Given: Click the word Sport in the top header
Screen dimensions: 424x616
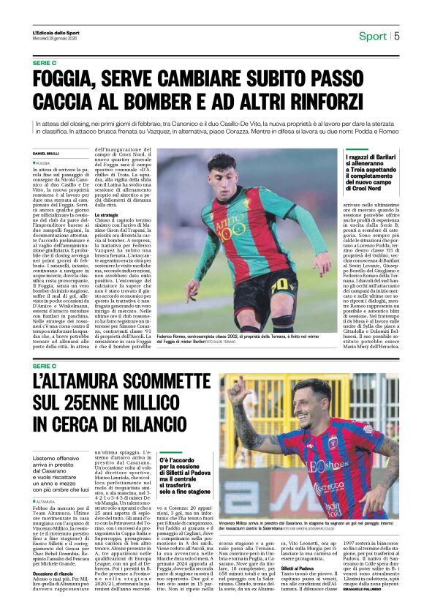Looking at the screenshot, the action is coord(372,36).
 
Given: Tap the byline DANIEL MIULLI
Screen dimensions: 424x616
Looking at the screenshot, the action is coord(45,153).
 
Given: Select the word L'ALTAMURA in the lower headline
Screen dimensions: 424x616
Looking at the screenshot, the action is coord(78,382).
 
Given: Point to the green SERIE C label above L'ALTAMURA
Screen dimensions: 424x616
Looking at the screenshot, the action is coord(44,365).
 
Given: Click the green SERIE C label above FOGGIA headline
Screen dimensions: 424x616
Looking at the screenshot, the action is coord(44,63).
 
